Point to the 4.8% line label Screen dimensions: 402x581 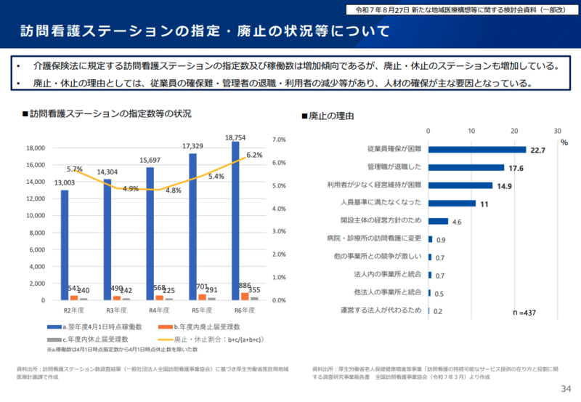[173, 190]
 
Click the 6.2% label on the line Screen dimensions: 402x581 [254, 155]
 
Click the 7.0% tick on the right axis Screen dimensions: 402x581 [279, 140]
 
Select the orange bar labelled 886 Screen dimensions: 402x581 [245, 296]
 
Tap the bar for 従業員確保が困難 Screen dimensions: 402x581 [477, 150]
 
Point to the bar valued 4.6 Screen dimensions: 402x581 [439, 221]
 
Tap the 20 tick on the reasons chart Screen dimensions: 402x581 [514, 131]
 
